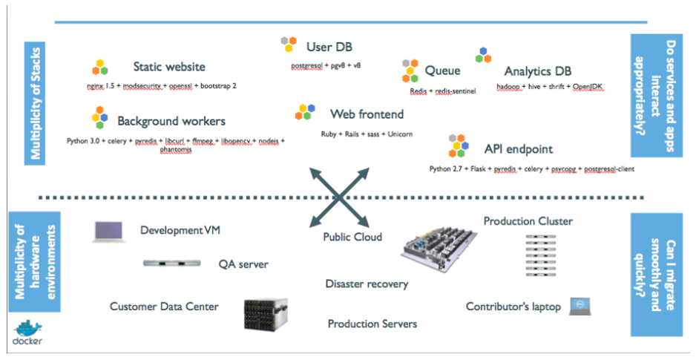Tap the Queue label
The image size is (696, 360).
pos(442,71)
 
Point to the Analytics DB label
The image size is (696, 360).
pos(537,72)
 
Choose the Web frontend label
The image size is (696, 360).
pos(367,114)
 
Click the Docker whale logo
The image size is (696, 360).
pos(27,332)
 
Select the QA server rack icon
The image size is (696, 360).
pos(172,264)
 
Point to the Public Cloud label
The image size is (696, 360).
pos(352,237)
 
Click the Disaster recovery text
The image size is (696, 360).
pos(367,284)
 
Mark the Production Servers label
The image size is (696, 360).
pos(372,324)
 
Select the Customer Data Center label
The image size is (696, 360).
pos(164,306)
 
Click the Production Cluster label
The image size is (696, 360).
pos(528,221)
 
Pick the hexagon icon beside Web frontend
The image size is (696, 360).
pos(305,113)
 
